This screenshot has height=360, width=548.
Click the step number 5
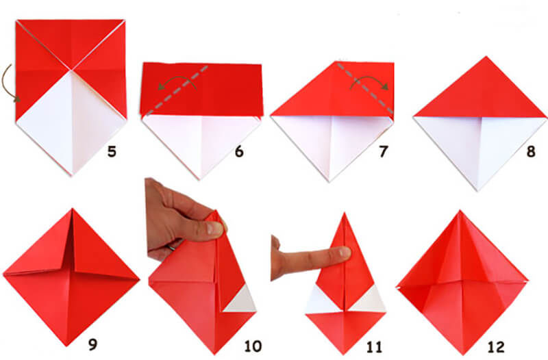point(112,151)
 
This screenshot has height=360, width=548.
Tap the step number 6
point(239,151)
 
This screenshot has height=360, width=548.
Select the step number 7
point(384,151)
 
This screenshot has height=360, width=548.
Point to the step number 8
point(531,151)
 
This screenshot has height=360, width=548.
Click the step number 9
point(92,344)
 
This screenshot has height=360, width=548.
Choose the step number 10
point(253,346)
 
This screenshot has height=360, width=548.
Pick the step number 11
point(374,347)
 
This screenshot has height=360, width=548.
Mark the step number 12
point(496,347)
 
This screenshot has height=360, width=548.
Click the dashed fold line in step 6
point(177,90)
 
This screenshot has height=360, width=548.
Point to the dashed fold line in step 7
point(365,88)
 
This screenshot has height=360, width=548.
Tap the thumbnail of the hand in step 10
point(214,229)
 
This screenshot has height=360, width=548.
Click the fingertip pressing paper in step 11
point(345,253)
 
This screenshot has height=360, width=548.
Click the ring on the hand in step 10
point(171,247)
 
